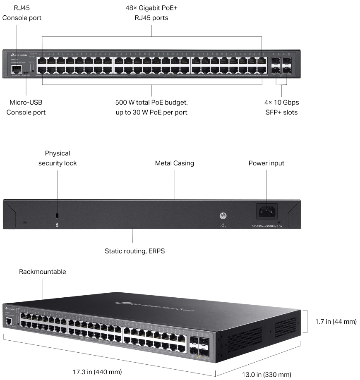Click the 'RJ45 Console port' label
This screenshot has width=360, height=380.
tap(22, 13)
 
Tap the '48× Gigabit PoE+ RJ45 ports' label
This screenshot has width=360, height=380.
tap(151, 13)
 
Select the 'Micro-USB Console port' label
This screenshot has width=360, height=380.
tap(26, 107)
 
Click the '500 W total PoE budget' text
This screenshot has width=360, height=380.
tap(151, 102)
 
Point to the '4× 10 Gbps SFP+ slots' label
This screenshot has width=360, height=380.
tap(282, 107)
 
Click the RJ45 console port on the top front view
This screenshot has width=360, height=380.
tap(17, 69)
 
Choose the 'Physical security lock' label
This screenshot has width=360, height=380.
tap(58, 158)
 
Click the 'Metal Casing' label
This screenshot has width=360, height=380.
tap(174, 163)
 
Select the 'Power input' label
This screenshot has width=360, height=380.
tap(266, 163)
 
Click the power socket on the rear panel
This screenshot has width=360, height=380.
tap(267, 212)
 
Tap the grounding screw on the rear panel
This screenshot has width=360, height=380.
tap(223, 215)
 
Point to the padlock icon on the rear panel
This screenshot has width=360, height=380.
tap(58, 225)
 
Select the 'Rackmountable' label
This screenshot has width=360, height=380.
tap(43, 272)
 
